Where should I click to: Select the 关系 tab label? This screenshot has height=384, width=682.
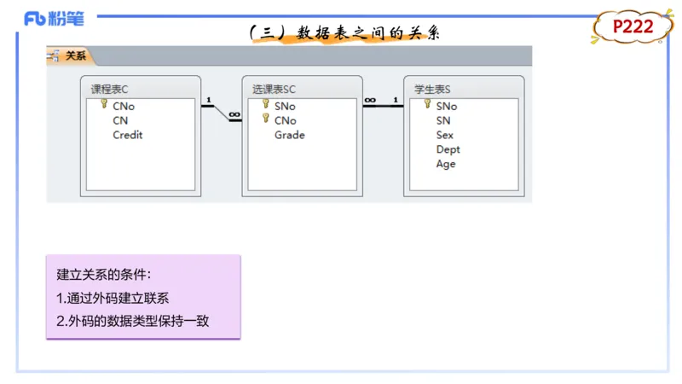tap(76, 56)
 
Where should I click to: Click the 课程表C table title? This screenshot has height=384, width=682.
tap(109, 89)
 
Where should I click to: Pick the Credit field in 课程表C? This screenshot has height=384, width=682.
tap(127, 135)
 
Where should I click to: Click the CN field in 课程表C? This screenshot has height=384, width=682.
tap(120, 120)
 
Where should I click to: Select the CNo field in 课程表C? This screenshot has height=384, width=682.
tap(123, 107)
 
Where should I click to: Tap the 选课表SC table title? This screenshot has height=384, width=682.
tap(274, 89)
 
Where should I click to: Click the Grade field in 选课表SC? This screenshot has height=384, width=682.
tap(289, 135)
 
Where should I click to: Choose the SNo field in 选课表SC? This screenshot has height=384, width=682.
tap(285, 107)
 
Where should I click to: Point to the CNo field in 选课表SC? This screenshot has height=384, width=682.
tap(285, 120)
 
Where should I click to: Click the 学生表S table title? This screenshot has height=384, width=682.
tap(432, 89)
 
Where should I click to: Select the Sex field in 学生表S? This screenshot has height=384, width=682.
tap(444, 135)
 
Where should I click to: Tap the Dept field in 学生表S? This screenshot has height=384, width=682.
tap(448, 149)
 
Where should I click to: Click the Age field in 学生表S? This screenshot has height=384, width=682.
tap(446, 164)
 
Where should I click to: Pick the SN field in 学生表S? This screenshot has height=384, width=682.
tap(443, 120)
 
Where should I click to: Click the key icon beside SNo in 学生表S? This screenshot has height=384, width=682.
tap(428, 104)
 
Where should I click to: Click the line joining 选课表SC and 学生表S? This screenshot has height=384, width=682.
tap(383, 106)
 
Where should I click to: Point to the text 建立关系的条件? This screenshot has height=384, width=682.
tap(103, 275)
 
